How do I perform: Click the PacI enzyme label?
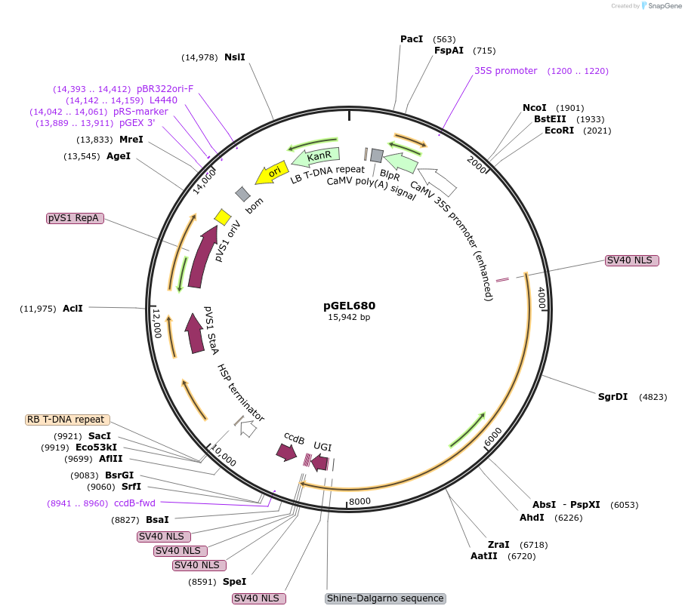412,38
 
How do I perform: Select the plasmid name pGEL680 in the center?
349,306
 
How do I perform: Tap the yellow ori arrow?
272,173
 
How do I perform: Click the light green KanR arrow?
317,156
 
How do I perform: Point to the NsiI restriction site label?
235,57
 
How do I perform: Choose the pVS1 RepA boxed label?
73,217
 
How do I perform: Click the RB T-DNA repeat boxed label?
67,420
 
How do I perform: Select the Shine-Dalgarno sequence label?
385,598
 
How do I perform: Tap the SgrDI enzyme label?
612,396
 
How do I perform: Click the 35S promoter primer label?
505,71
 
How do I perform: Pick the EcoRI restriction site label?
559,130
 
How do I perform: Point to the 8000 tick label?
359,501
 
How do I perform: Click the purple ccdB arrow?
286,452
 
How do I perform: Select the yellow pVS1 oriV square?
222,217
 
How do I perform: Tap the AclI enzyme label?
73,308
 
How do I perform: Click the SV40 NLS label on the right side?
632,260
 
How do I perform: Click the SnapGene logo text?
662,5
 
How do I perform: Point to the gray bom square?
242,194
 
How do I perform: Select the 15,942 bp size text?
349,318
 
